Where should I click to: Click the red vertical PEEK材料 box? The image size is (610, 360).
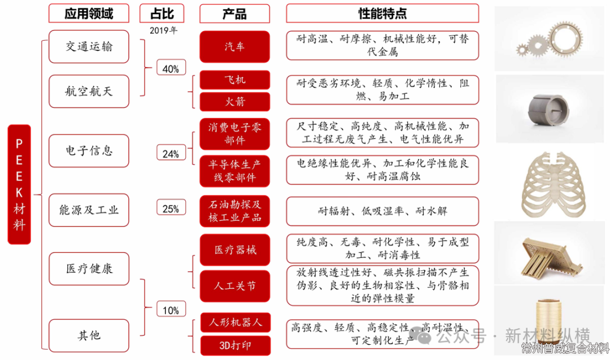(19, 184)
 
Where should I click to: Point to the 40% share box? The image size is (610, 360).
(171, 68)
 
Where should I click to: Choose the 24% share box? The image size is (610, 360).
(171, 153)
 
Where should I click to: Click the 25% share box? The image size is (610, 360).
(171, 209)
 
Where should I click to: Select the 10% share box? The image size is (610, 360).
(171, 310)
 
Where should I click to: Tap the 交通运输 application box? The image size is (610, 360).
(89, 46)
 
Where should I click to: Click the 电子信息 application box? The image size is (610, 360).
(89, 150)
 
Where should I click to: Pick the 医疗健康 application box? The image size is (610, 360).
(89, 268)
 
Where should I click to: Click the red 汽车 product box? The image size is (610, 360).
(234, 46)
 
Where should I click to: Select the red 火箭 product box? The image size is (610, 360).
(234, 101)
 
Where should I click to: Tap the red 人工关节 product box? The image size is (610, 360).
(234, 286)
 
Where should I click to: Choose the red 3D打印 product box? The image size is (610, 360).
(234, 345)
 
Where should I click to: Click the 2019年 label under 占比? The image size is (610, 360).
(163, 31)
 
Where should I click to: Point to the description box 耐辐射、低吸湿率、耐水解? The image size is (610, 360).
(382, 211)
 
